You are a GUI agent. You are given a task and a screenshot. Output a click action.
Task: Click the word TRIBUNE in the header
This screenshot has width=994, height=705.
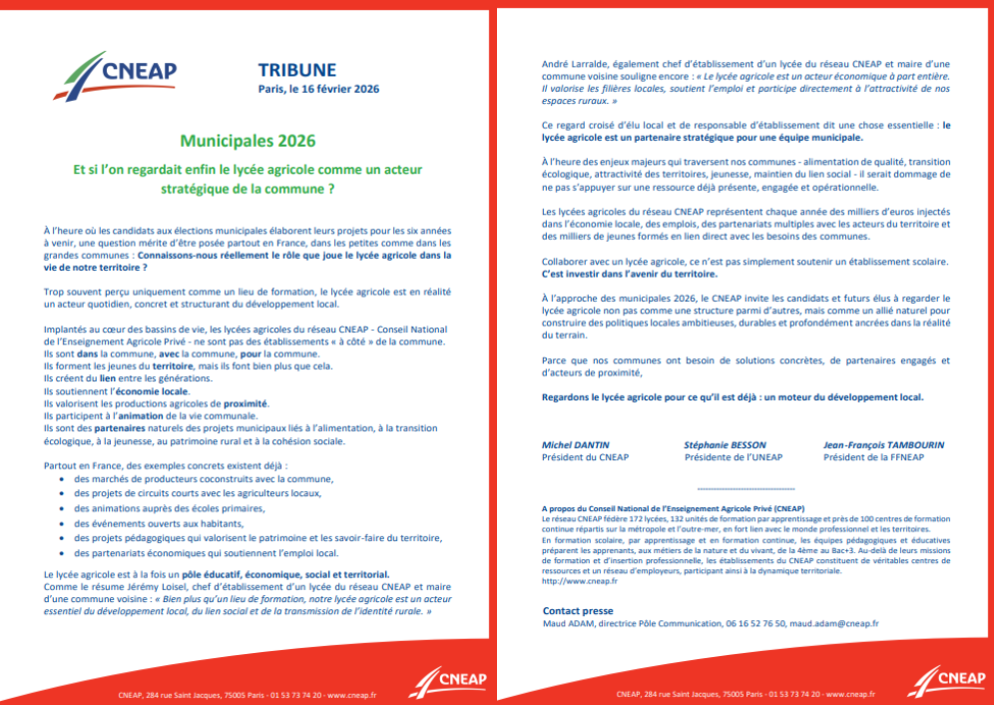click(x=296, y=70)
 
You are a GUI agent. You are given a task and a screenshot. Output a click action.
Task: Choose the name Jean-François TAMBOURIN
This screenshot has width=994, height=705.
click(x=883, y=444)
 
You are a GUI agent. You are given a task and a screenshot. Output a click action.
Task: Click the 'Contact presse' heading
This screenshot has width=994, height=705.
click(x=578, y=610)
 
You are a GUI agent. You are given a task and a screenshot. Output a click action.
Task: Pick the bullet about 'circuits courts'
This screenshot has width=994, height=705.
click(x=198, y=493)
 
